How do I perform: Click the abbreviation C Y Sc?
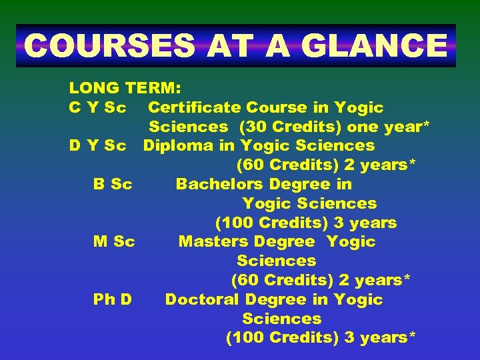point(98,107)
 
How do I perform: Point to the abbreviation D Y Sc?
point(98,145)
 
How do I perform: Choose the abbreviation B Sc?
point(113,184)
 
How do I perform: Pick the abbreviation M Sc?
point(114,241)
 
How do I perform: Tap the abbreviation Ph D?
point(113,299)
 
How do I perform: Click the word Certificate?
point(194,107)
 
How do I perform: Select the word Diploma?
point(175,145)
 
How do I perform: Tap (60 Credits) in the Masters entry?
point(282,280)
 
